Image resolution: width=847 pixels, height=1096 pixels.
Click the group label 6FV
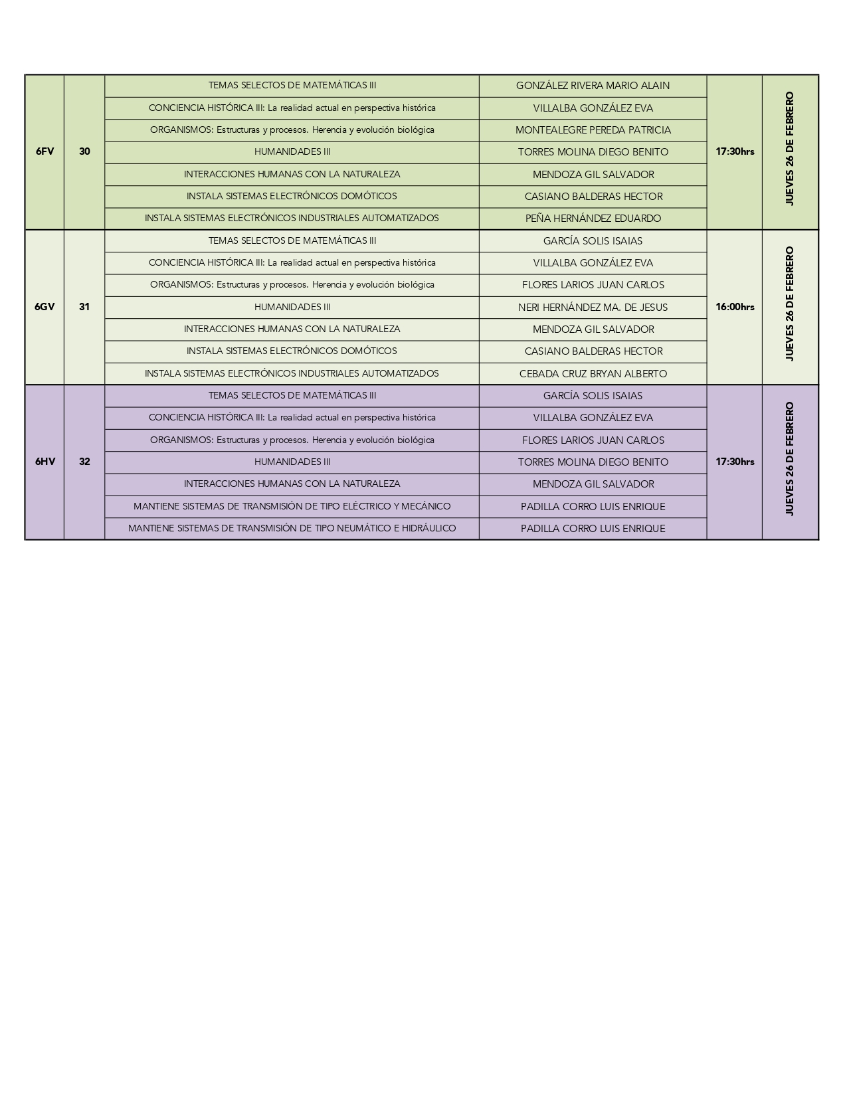pyautogui.click(x=45, y=151)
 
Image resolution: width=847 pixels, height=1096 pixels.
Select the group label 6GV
pyautogui.click(x=45, y=307)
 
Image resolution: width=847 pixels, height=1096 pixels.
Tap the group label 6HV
pyautogui.click(x=45, y=462)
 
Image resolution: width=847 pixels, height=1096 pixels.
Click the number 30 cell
pyautogui.click(x=84, y=151)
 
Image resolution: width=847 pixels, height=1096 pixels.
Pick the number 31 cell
pyautogui.click(x=84, y=307)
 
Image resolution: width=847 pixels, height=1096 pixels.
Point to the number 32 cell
pyautogui.click(x=84, y=462)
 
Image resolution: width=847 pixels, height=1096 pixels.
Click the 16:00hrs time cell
pyautogui.click(x=735, y=307)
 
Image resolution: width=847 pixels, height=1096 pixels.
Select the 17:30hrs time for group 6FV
pyautogui.click(x=735, y=151)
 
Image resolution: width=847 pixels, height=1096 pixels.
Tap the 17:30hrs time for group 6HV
pyautogui.click(x=735, y=462)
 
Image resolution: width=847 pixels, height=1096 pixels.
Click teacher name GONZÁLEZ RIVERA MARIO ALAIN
pyautogui.click(x=593, y=86)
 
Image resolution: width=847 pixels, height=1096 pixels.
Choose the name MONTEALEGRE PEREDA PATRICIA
pyautogui.click(x=593, y=130)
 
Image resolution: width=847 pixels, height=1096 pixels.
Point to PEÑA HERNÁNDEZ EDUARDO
pyautogui.click(x=593, y=219)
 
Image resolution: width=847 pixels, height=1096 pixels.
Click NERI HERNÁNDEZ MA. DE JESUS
pyautogui.click(x=593, y=308)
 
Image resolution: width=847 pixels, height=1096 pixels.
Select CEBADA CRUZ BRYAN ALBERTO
pyautogui.click(x=593, y=374)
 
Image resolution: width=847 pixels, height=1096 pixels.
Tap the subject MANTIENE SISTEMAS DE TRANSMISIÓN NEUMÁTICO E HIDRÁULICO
pyautogui.click(x=292, y=529)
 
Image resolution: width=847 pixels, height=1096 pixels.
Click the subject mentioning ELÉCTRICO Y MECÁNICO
pyautogui.click(x=292, y=506)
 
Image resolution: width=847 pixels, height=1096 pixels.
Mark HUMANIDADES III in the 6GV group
pyautogui.click(x=292, y=307)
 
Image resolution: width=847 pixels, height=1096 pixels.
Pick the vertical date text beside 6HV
pyautogui.click(x=790, y=459)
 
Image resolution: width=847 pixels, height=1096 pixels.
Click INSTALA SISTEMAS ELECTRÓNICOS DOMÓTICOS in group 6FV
pyautogui.click(x=292, y=196)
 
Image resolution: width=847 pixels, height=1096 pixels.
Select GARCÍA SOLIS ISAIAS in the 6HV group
pyautogui.click(x=593, y=396)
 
